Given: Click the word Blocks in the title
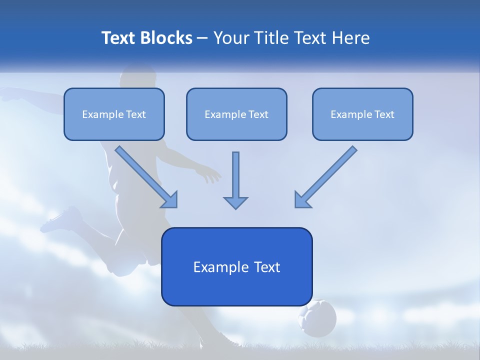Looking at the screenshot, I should [x=167, y=38].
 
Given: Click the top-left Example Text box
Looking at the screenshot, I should [x=114, y=114].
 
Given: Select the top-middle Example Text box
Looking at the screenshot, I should [x=236, y=114].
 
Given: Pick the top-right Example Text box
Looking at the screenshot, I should [x=362, y=114].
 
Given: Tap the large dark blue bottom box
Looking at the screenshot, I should [x=236, y=266].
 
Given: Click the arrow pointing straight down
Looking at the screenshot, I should [x=235, y=180].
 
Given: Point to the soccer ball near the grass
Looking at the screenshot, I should [x=317, y=318].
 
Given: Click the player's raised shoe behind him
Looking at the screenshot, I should [x=62, y=220].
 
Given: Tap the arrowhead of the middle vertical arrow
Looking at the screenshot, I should [x=235, y=202].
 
